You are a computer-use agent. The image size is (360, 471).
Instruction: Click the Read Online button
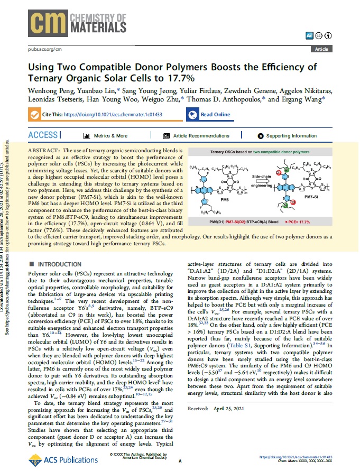[x=209, y=114]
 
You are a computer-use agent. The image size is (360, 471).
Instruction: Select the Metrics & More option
[x=106, y=136]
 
